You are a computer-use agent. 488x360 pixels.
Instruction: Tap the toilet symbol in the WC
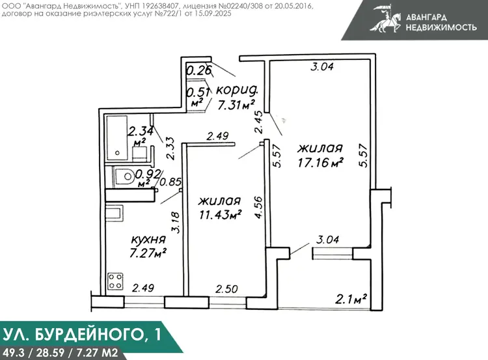point(125,176)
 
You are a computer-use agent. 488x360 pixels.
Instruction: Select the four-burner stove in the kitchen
point(115,281)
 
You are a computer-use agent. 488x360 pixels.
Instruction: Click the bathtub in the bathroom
point(116,137)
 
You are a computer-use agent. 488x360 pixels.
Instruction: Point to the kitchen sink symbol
point(114,214)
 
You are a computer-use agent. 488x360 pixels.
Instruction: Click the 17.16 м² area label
point(321,162)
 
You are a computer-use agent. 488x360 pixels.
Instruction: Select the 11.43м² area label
point(221,215)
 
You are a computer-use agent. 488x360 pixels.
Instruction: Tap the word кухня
point(148,240)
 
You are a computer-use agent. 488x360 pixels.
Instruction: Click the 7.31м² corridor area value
point(237,105)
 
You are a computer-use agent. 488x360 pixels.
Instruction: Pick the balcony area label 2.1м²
point(351,299)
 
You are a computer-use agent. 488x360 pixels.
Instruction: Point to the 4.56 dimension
point(259,208)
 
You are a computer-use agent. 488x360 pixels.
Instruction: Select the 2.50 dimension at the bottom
point(227,289)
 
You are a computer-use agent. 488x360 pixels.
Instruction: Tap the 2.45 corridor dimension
point(258,122)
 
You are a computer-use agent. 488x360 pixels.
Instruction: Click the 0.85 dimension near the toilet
point(170,182)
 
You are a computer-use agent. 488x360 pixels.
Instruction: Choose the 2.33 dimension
point(170,149)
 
